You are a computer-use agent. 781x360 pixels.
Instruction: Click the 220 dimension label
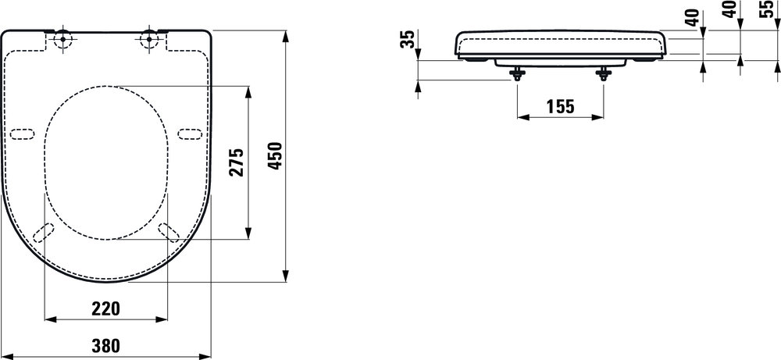pos(105,308)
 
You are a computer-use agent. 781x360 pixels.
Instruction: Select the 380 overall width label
pos(105,344)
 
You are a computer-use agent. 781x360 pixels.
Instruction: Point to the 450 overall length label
pos(275,156)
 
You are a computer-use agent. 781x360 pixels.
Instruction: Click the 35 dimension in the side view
pos(407,40)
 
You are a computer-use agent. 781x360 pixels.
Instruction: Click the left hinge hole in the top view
pos(63,40)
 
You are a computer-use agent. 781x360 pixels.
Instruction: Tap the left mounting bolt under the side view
pos(516,74)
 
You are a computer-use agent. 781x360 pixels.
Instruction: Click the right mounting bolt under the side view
pos(603,74)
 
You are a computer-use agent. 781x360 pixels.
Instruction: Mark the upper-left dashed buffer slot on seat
pos(24,133)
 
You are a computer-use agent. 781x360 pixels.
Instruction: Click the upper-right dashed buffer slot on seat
pos(188,133)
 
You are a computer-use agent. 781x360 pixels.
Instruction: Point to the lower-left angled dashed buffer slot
pos(45,233)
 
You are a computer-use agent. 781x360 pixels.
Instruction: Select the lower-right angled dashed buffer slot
pos(167,233)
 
